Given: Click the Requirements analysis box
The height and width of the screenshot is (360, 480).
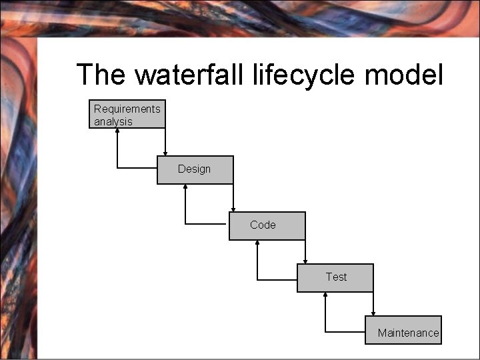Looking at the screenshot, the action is (127, 114).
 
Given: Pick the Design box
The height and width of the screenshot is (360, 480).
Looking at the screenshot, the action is (195, 170).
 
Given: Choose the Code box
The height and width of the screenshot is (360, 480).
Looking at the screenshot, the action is (267, 226).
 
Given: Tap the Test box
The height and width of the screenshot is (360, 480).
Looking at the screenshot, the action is (335, 278).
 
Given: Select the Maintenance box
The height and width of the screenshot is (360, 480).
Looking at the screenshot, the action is (403, 330).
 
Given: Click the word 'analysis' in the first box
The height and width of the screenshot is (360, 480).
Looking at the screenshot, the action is (113, 121).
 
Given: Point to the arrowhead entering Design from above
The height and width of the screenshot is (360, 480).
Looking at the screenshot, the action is (165, 153).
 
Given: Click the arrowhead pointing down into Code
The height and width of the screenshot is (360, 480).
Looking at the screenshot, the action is (233, 209).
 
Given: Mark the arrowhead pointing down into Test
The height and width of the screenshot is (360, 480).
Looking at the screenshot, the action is (305, 261).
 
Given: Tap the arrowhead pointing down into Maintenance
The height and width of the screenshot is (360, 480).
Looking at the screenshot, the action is (373, 313).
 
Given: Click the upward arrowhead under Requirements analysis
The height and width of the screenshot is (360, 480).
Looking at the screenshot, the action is (117, 131).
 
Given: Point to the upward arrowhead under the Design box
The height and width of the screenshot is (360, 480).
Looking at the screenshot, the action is (185, 187).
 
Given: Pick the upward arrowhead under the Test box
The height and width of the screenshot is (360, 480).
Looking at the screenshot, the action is (325, 295).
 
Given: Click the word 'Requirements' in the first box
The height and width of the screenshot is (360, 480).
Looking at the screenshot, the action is (127, 109).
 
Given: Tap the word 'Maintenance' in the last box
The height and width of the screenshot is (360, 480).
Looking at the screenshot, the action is (408, 333).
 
